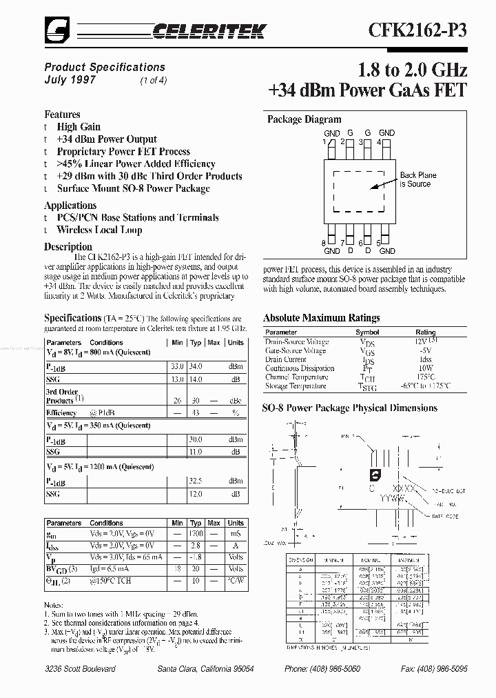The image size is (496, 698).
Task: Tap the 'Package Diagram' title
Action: point(304,119)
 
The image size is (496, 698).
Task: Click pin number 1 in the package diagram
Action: point(323,141)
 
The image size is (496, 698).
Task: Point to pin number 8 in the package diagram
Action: point(323,243)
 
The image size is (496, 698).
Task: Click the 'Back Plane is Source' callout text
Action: point(417,179)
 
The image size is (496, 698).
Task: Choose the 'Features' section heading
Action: point(62,114)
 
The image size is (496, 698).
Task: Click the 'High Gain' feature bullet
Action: point(79,127)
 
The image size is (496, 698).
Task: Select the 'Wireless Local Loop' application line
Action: point(99,230)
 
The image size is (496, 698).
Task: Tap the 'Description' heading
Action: point(68,246)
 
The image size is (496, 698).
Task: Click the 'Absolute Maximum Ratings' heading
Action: point(321,318)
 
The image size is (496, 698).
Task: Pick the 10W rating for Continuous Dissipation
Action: point(425,368)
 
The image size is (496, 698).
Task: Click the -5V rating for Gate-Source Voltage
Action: point(425,350)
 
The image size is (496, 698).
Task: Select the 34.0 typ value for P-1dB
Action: point(196,366)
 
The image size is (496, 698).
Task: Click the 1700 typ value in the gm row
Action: point(196,535)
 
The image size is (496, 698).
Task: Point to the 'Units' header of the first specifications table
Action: point(236,342)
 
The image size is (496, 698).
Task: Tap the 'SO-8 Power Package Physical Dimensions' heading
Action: point(349,408)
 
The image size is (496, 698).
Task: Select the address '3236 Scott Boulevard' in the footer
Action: point(80,669)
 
